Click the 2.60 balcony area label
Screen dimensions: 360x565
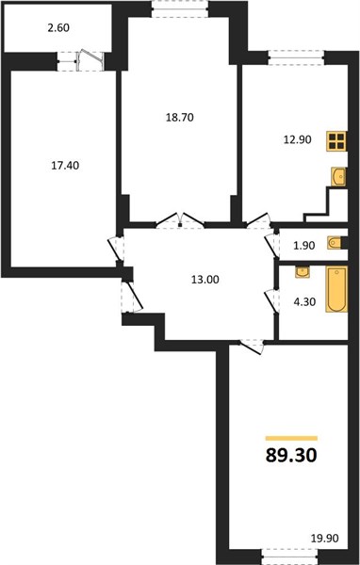(58, 27)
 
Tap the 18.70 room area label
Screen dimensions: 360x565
(180, 118)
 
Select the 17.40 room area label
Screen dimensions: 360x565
(65, 166)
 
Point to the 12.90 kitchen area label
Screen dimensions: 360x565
(297, 139)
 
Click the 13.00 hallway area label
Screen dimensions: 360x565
(205, 280)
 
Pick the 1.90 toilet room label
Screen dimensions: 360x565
(303, 246)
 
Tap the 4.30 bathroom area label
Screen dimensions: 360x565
(304, 302)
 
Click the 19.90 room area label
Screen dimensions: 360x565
(324, 539)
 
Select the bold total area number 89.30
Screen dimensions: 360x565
(291, 456)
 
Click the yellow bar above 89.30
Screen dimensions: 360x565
(291, 439)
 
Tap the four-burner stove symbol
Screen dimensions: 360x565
(337, 141)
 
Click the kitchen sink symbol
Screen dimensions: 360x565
(338, 177)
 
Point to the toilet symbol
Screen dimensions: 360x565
(336, 243)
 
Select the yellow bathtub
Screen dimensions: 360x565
(337, 289)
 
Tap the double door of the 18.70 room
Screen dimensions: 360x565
(180, 220)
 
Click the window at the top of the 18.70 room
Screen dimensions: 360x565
(180, 8)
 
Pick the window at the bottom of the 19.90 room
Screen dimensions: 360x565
(289, 557)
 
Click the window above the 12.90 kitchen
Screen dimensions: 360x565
(296, 57)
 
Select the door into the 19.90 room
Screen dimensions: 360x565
(253, 346)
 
